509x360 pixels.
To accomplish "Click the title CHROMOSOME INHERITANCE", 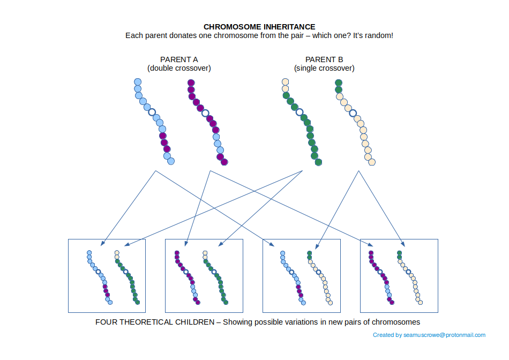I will [259, 26].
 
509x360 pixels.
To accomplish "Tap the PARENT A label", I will [179, 59].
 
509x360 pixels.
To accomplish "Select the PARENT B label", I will [324, 59].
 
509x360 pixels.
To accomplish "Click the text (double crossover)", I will [179, 69].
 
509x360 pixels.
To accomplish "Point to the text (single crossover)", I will [324, 69].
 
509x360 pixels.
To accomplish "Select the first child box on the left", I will [107, 275].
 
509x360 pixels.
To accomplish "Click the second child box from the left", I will [204, 275].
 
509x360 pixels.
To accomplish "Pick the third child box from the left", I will [302, 275].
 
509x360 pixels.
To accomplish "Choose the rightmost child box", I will [399, 275].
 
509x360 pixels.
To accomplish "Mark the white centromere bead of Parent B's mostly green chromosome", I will [299, 112].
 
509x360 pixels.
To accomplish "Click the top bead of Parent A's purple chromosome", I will [191, 83].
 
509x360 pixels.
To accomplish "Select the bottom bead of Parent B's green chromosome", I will [318, 162].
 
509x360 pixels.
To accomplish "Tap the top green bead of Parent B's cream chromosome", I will [338, 83].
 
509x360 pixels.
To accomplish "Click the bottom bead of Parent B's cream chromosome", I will [372, 162].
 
